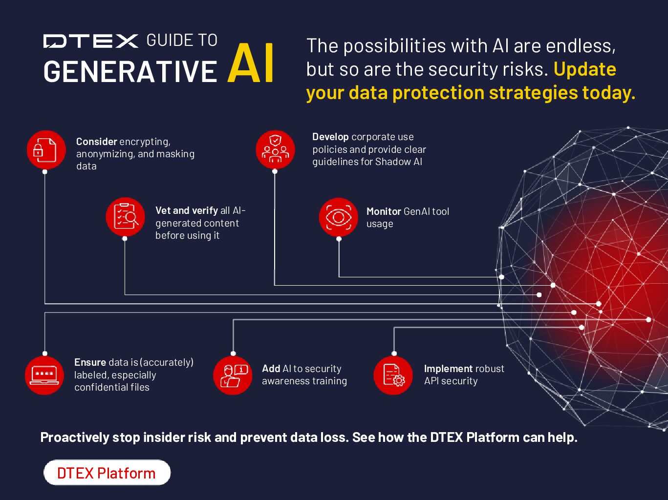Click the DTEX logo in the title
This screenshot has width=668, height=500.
click(x=91, y=41)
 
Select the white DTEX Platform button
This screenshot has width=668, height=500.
click(x=107, y=473)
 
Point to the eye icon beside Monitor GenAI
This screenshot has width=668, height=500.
click(x=339, y=217)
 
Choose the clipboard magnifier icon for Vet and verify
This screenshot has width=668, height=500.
click(x=125, y=217)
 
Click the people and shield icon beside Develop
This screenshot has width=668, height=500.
click(x=275, y=149)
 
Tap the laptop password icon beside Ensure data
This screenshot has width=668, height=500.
click(x=44, y=375)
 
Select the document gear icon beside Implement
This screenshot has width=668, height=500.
click(x=393, y=375)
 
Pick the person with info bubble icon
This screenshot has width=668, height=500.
click(x=233, y=375)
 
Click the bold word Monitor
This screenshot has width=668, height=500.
click(x=384, y=211)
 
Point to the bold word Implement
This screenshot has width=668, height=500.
click(x=448, y=369)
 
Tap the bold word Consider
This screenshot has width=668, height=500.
click(x=96, y=142)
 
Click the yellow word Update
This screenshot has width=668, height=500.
click(x=585, y=69)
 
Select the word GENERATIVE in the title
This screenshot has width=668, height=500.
click(x=130, y=72)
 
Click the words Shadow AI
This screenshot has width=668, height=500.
click(x=398, y=162)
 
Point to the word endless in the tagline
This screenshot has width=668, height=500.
click(x=581, y=46)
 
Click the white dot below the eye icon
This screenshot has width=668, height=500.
click(x=339, y=239)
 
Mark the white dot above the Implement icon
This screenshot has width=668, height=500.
click(x=394, y=354)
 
